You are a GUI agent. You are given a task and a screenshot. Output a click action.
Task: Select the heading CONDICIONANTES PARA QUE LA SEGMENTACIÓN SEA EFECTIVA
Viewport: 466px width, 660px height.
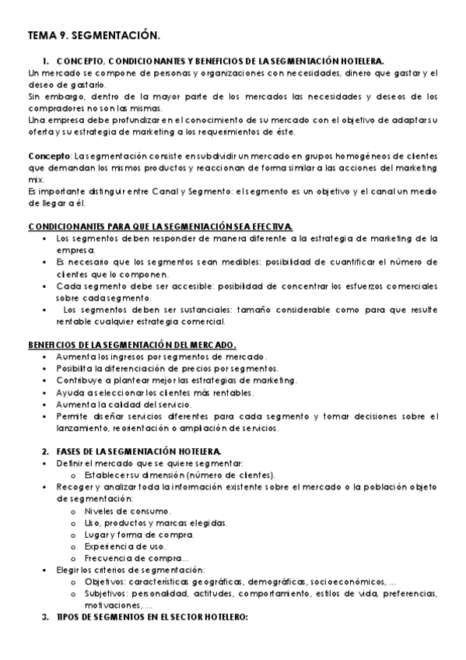tap(160, 226)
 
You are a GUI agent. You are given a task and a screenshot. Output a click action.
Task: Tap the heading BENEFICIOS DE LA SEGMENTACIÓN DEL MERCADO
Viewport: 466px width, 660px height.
tap(131, 345)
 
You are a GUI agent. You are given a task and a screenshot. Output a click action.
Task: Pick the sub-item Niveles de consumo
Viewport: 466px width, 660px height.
tap(128, 511)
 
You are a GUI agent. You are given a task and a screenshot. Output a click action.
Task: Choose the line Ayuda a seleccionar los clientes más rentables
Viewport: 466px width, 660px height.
tap(155, 392)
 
